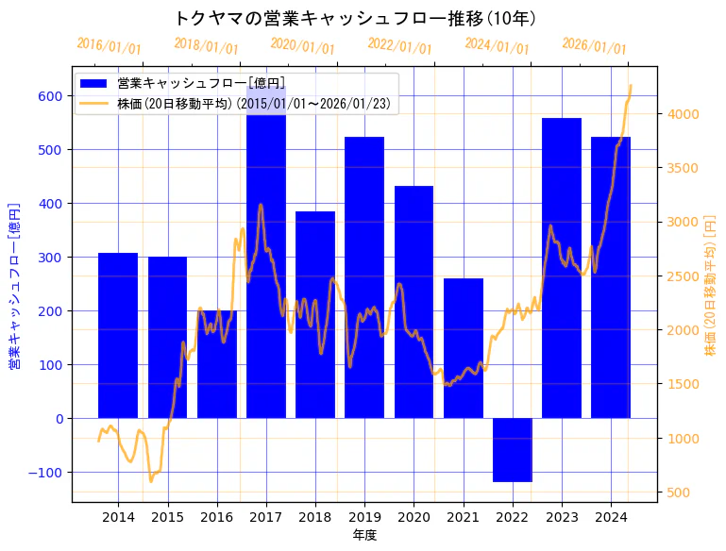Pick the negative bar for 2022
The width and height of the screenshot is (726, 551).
[513, 450]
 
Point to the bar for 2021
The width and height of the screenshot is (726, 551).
[464, 348]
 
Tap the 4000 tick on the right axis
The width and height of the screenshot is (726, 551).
[683, 114]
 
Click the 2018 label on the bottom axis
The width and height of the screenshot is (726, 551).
[315, 517]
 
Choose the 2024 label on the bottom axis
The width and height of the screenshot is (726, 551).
[612, 517]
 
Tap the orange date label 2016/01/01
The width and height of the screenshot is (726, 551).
[109, 46]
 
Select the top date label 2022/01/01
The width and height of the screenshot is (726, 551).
[399, 46]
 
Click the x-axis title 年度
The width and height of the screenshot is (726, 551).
[364, 535]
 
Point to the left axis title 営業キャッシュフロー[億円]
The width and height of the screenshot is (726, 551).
[14, 286]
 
